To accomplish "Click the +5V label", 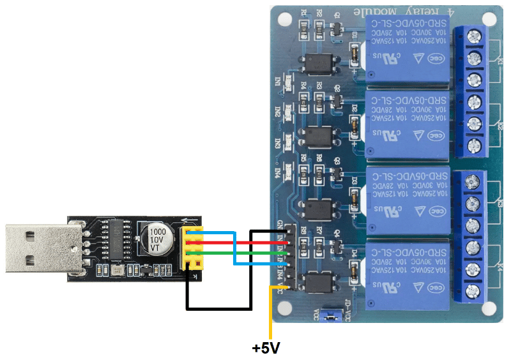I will click(x=266, y=349).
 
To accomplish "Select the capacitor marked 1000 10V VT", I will click(x=158, y=239).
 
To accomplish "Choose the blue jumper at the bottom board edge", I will click(x=331, y=315).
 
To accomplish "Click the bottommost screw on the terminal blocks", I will click(x=473, y=291).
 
